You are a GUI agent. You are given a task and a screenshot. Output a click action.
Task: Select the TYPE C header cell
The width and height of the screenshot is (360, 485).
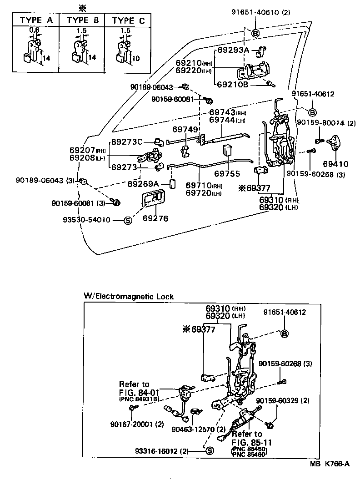point(129,20)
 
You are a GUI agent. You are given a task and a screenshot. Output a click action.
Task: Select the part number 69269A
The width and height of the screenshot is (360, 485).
point(143,183)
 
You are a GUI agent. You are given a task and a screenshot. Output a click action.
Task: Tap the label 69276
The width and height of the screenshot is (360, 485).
point(155,219)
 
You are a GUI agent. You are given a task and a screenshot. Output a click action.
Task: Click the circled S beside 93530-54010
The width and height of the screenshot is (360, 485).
point(128,220)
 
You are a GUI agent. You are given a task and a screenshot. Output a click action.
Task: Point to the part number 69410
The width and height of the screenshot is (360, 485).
point(335,164)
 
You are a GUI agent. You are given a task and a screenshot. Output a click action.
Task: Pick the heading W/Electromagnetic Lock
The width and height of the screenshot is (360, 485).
point(129,296)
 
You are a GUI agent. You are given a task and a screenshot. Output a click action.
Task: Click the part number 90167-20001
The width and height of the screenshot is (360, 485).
point(130,424)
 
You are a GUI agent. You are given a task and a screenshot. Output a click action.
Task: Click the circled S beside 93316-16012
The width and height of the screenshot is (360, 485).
point(210,451)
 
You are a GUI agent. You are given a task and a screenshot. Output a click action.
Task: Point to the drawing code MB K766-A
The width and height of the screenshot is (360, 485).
point(330,464)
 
